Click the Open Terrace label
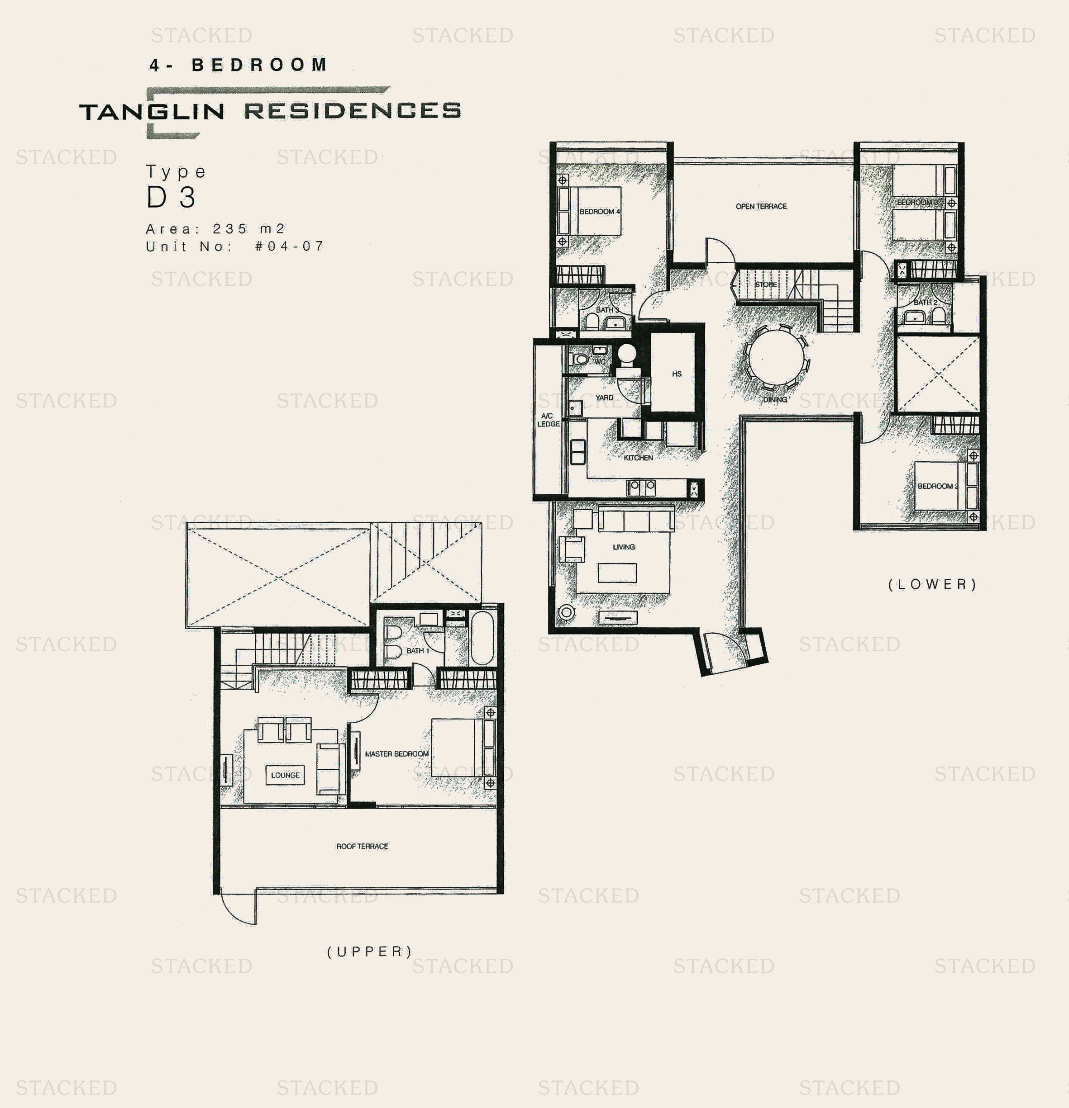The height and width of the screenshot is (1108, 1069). click(x=761, y=206)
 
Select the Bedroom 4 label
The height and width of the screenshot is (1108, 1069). click(x=600, y=212)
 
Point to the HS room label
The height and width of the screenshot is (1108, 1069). click(x=677, y=374)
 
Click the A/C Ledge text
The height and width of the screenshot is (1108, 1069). click(x=548, y=420)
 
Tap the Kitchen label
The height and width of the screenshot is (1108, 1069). click(x=638, y=457)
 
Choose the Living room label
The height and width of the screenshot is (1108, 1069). click(x=623, y=547)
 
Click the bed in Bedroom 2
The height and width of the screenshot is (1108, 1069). click(x=936, y=486)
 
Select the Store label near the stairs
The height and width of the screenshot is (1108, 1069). click(x=765, y=284)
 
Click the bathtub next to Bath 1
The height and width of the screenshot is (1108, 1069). click(x=482, y=637)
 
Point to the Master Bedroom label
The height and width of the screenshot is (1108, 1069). click(x=396, y=753)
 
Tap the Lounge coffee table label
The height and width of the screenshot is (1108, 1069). click(x=285, y=775)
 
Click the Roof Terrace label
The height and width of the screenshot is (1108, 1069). click(x=362, y=846)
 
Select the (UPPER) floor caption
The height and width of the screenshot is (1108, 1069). click(x=369, y=952)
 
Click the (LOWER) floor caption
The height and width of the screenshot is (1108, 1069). click(x=932, y=584)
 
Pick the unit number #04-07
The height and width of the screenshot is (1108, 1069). click(x=290, y=246)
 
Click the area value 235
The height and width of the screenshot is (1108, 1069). click(x=229, y=228)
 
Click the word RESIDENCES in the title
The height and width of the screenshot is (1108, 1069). click(x=353, y=111)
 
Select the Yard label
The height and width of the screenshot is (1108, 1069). click(x=604, y=398)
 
